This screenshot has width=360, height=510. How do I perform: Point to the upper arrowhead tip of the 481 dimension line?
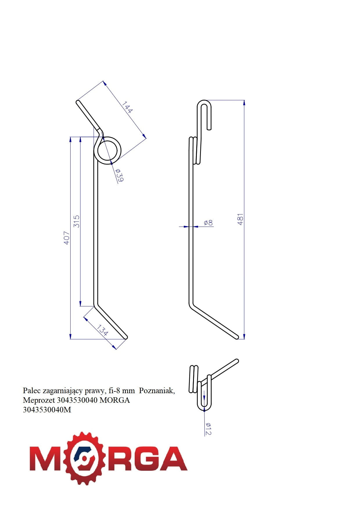tap(244, 100)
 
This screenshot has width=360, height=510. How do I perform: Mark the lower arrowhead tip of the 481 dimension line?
tap(244, 339)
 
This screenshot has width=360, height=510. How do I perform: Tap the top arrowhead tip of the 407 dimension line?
tap(71, 137)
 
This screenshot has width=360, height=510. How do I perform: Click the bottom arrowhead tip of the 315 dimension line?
tap(80, 306)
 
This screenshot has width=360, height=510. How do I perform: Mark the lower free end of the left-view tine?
tap(126, 338)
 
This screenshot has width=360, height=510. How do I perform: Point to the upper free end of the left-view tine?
tap(78, 102)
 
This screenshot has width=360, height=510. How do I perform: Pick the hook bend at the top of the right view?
tap(204, 105)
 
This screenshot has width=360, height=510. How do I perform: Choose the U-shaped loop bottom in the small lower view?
tap(204, 406)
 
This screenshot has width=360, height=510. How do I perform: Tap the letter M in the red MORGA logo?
tap(46, 459)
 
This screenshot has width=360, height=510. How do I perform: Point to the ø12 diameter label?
tap(208, 429)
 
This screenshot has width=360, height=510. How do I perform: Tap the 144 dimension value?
tap(127, 107)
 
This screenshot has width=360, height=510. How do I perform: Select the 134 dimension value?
tap(102, 330)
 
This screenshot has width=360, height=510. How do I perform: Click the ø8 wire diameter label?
tap(208, 223)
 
